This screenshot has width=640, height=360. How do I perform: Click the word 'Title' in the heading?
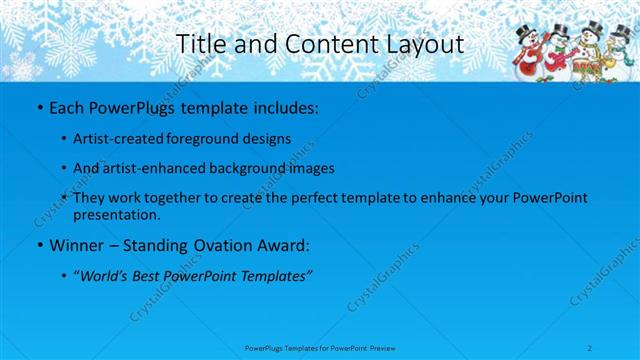click(x=196, y=44)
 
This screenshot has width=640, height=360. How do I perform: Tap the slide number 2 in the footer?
click(x=591, y=347)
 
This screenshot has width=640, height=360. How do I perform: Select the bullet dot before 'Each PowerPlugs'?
click(x=39, y=106)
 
